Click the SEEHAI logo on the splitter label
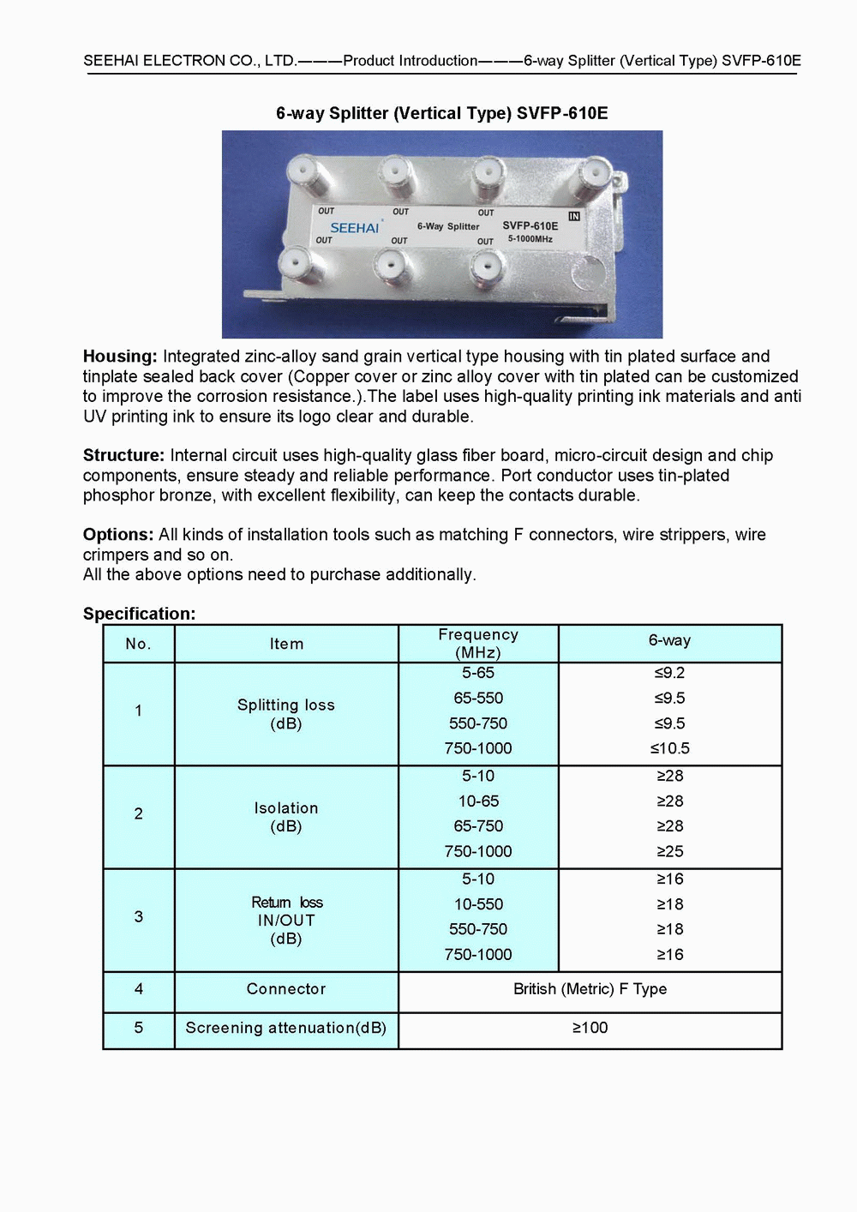[x=354, y=228]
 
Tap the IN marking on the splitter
[x=574, y=216]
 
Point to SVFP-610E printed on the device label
[x=530, y=226]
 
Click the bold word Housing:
[x=120, y=357]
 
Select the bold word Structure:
[x=123, y=455]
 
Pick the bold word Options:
[x=118, y=535]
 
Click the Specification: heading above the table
[x=139, y=614]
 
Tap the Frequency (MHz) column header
[x=478, y=644]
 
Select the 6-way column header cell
[x=669, y=640]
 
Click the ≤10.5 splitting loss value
[x=669, y=748]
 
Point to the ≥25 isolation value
[x=669, y=851]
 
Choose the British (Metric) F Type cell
[x=590, y=989]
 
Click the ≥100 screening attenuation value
[x=590, y=1028]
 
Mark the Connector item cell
[x=286, y=989]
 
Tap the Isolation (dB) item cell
[x=286, y=817]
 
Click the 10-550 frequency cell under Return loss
[x=478, y=904]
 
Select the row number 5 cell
[x=139, y=1028]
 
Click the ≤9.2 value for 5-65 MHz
[x=669, y=673]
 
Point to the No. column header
[x=139, y=644]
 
